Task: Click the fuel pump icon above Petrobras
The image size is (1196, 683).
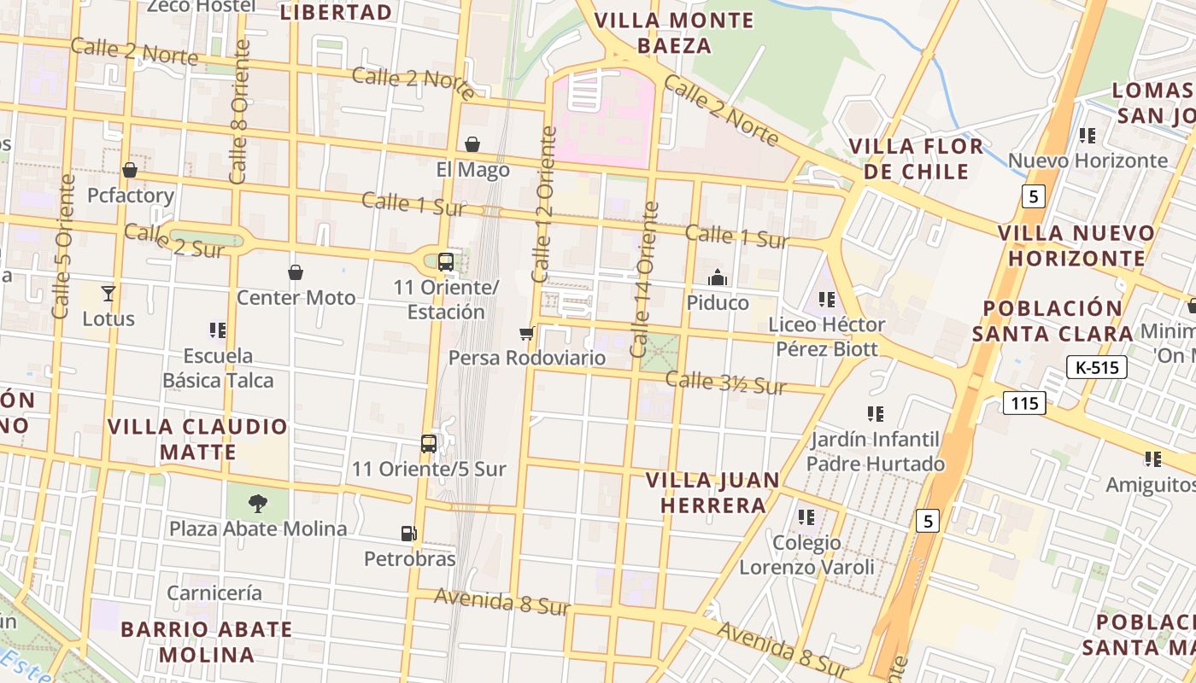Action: click(408, 534)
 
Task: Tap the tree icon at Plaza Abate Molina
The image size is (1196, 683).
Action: click(257, 504)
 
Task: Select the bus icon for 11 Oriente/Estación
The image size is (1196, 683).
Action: click(445, 262)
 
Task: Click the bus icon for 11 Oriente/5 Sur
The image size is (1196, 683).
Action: click(429, 444)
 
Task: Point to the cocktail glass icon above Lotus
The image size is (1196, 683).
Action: click(108, 294)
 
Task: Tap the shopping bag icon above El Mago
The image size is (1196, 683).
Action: click(472, 144)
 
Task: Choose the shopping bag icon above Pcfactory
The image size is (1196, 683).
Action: click(130, 170)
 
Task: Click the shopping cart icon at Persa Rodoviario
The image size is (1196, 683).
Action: click(526, 333)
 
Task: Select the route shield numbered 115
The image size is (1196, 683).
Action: click(1024, 403)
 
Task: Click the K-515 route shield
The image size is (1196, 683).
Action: click(1097, 368)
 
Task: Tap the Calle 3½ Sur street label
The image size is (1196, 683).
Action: click(725, 383)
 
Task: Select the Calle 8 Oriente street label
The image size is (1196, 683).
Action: click(239, 111)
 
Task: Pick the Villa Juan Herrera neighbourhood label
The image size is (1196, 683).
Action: click(712, 493)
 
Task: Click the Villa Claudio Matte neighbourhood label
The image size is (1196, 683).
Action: click(197, 439)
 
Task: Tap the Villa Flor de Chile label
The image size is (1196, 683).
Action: click(917, 158)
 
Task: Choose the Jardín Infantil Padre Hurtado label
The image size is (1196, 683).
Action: click(876, 452)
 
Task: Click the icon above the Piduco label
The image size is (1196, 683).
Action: click(718, 277)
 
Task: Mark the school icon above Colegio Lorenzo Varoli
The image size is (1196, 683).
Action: click(806, 517)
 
